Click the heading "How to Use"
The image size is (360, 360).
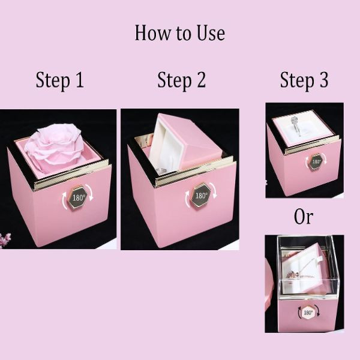pyautogui.click(x=180, y=33)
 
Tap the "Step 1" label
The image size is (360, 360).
pyautogui.click(x=59, y=80)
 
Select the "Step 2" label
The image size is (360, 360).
pyautogui.click(x=181, y=80)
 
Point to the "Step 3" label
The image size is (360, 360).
pyautogui.click(x=304, y=80)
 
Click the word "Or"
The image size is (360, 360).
pyautogui.click(x=303, y=217)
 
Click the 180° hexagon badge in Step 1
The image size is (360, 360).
pyautogui.click(x=78, y=197)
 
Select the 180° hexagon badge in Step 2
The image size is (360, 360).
pyautogui.click(x=201, y=194)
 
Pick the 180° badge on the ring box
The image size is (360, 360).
pyautogui.click(x=316, y=161)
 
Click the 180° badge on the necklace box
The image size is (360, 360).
pyautogui.click(x=308, y=312)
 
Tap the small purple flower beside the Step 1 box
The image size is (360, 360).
pyautogui.click(x=5, y=239)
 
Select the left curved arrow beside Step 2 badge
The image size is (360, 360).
pyautogui.click(x=188, y=199)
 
